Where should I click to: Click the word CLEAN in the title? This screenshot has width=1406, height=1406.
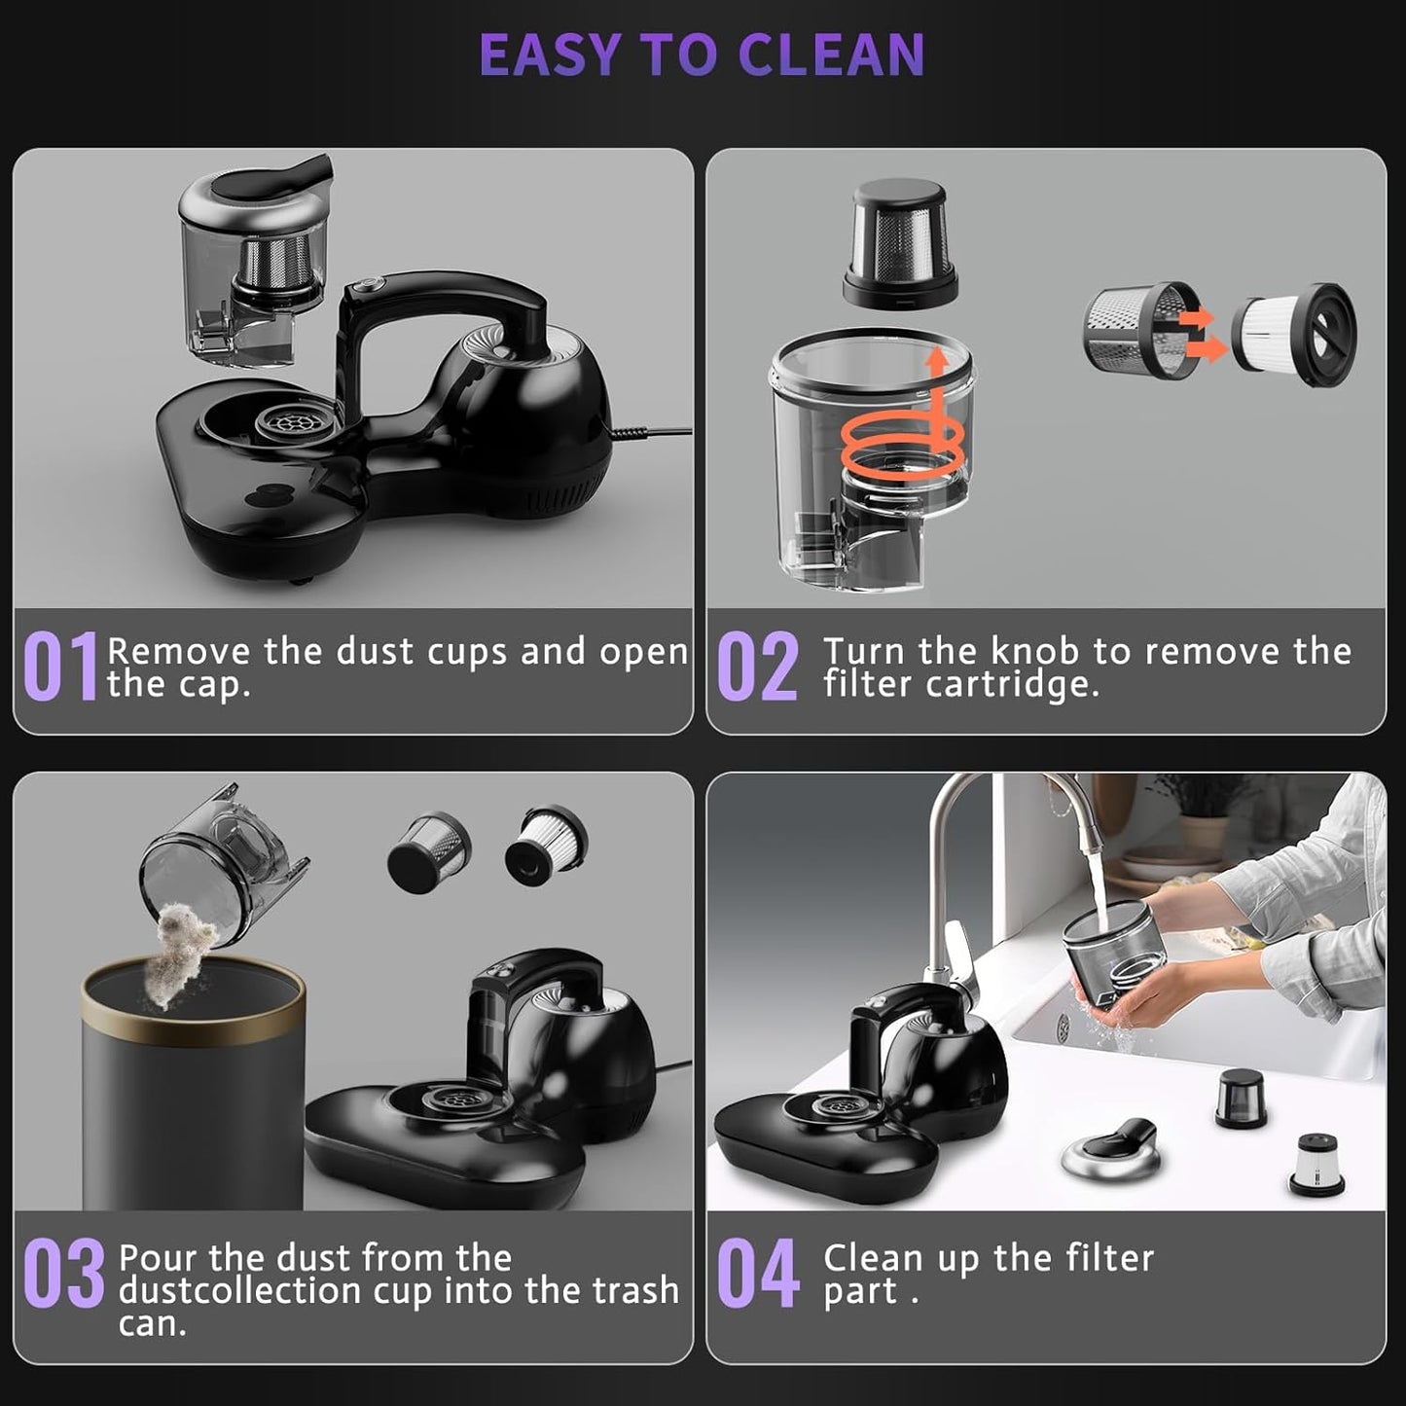pos(830,55)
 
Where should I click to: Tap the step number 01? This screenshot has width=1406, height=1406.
pos(60,667)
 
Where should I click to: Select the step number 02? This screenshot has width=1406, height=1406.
pos(757,667)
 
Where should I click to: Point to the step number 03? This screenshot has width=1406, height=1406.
pos(63,1274)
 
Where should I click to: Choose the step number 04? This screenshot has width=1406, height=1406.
pos(757,1274)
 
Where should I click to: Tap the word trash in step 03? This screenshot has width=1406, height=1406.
pos(636,1290)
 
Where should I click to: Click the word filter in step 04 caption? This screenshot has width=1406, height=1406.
pos(1109,1258)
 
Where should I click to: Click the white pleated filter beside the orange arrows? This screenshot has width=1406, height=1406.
pos(1294,335)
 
